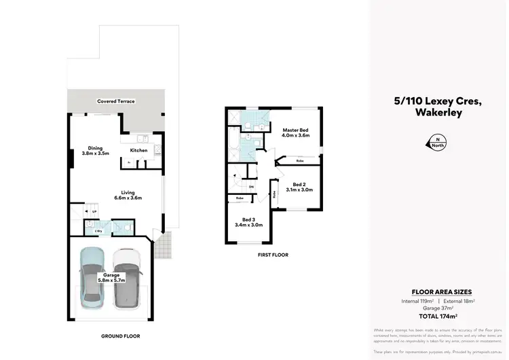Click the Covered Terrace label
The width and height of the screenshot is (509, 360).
pos(115,101)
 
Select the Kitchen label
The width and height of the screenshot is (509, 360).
pos(138,150)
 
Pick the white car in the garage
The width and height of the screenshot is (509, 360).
pos(126,276)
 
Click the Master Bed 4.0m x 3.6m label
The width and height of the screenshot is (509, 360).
pos(295,132)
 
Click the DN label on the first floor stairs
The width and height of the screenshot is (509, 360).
pos(251,187)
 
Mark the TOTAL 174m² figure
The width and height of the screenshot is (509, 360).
pos(437,317)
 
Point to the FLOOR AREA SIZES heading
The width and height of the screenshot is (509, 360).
pos(437,291)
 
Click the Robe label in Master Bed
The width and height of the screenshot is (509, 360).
pos(300,160)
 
